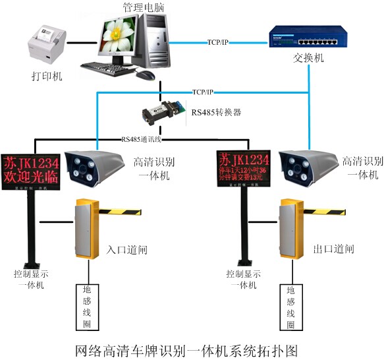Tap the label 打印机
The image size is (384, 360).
[47, 77]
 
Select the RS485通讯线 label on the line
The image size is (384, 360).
[142, 139]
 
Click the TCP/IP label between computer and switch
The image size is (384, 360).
[218, 42]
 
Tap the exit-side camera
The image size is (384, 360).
[306, 167]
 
